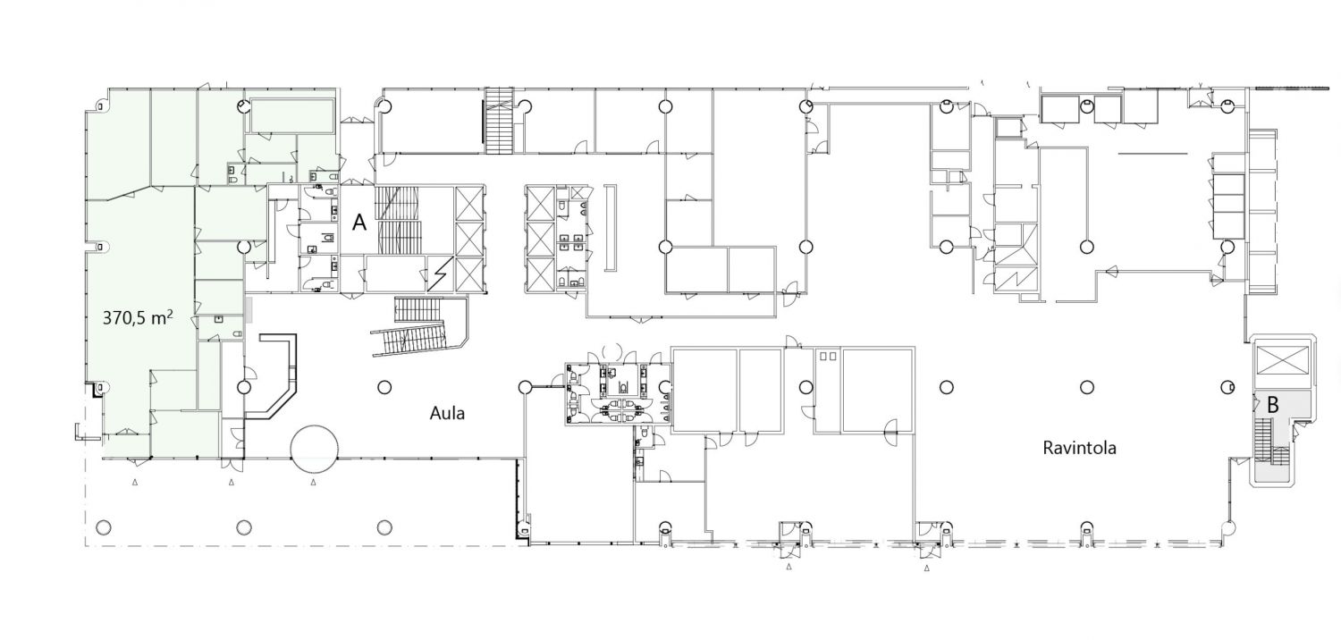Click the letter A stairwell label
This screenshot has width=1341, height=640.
click(x=359, y=223)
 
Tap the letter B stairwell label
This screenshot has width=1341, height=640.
click(x=1273, y=405)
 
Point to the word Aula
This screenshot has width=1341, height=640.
click(x=447, y=413)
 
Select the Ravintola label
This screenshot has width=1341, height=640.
click(x=1079, y=448)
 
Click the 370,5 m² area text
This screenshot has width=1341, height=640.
click(x=139, y=317)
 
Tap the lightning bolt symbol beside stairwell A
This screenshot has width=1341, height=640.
click(x=441, y=274)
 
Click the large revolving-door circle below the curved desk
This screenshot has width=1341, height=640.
click(x=315, y=450)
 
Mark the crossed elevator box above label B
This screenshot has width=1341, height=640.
click(x=1282, y=359)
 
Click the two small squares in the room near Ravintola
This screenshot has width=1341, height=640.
click(x=828, y=357)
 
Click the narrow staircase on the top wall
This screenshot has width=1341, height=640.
click(x=499, y=121)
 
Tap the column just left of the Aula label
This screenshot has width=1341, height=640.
click(x=384, y=387)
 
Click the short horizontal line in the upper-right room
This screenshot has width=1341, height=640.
click(x=1152, y=153)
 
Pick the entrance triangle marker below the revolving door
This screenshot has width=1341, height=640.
click(x=313, y=482)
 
